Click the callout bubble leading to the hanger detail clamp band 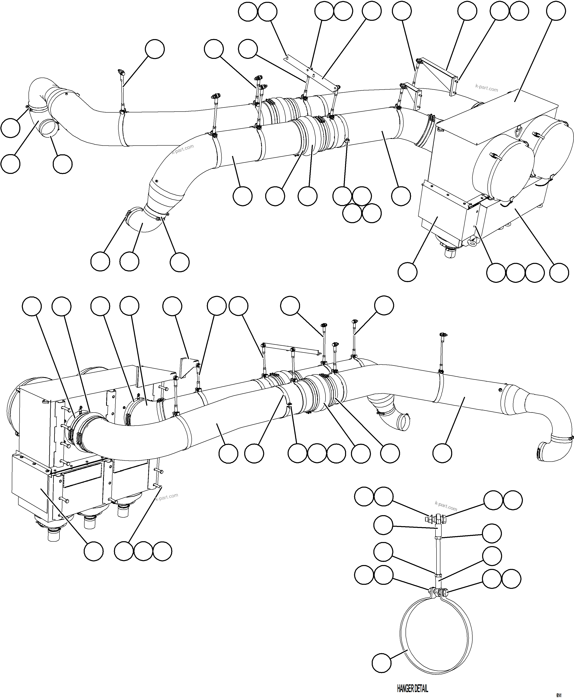[x=381, y=662]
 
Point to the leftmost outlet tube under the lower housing [x=53, y=535]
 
